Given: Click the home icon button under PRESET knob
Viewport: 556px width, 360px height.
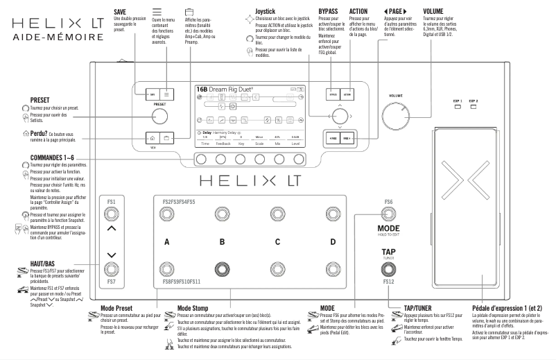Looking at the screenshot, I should [x=152, y=138].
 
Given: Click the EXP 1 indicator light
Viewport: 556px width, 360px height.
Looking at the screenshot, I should [x=458, y=108].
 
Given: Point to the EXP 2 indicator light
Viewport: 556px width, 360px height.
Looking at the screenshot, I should [x=474, y=108].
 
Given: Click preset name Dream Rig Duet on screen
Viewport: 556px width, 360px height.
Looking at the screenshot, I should [x=233, y=90].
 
